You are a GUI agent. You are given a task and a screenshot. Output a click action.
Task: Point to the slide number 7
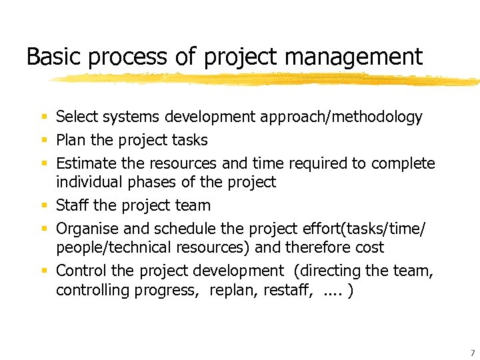(472, 353)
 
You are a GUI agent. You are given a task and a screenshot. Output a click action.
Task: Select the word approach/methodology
(341, 118)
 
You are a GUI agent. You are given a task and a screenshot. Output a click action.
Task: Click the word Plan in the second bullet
(70, 140)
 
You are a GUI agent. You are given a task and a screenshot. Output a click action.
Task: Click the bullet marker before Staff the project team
(44, 206)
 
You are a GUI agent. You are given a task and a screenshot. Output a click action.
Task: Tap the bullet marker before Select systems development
(44, 117)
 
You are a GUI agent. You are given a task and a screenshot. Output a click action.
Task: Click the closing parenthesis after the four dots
(351, 291)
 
